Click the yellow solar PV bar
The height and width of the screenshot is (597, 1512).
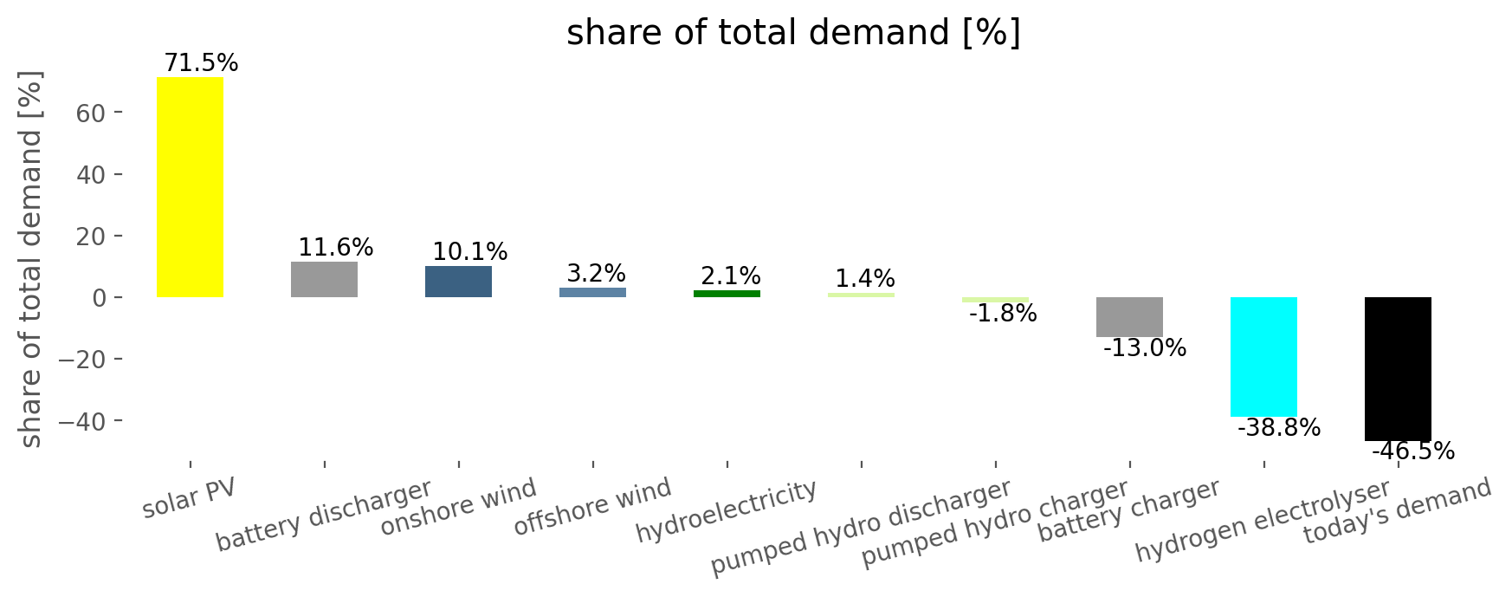pyautogui.click(x=190, y=187)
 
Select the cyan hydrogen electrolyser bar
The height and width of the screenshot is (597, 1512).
pyautogui.click(x=1263, y=357)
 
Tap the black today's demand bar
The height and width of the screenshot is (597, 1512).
pyautogui.click(x=1398, y=369)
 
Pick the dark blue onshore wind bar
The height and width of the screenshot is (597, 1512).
pyautogui.click(x=458, y=282)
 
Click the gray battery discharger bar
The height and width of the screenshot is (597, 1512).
pyautogui.click(x=324, y=279)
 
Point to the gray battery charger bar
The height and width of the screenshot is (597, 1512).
pyautogui.click(x=1129, y=317)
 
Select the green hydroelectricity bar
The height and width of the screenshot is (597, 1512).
pyautogui.click(x=727, y=294)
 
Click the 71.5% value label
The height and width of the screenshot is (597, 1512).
pyautogui.click(x=201, y=63)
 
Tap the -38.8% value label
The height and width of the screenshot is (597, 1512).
pyautogui.click(x=1279, y=428)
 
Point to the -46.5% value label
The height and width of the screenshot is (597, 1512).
pyautogui.click(x=1413, y=451)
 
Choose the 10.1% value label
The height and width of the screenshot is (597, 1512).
pyautogui.click(x=470, y=252)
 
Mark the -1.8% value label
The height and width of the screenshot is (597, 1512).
pyautogui.click(x=1003, y=314)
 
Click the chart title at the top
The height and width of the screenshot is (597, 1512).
pyautogui.click(x=793, y=34)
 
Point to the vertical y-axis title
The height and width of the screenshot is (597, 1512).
pyautogui.click(x=31, y=259)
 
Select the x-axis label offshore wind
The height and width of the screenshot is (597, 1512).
pyautogui.click(x=592, y=507)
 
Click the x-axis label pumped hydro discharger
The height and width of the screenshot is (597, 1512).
pyautogui.click(x=861, y=528)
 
